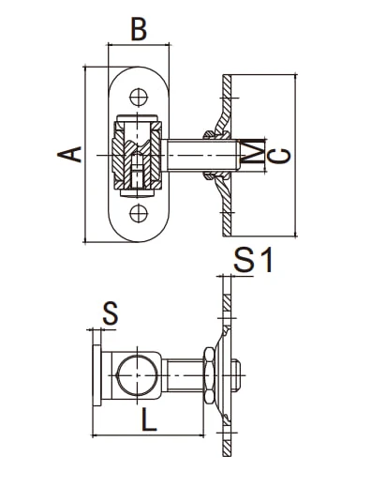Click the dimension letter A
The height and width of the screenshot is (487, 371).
(69, 154)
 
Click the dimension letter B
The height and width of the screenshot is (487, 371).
(139, 30)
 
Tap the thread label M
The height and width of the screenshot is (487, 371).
(252, 153)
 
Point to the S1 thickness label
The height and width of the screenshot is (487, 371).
(253, 260)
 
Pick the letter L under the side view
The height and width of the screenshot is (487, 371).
(149, 420)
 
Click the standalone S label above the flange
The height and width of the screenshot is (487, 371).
(111, 312)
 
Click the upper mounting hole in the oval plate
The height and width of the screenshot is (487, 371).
(139, 98)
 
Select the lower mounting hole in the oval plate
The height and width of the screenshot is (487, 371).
(139, 214)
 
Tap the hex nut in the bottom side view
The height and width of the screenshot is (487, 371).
(209, 375)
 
